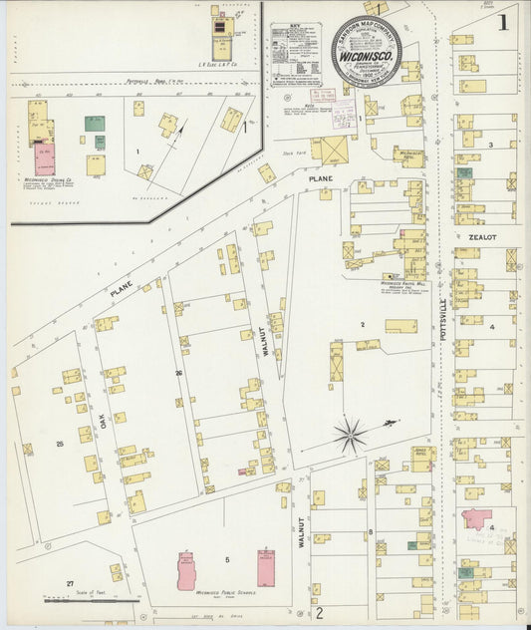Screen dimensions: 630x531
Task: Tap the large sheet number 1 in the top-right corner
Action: point(505,21)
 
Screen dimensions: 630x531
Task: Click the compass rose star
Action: point(350,434)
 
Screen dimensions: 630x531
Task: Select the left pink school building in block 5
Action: point(186,570)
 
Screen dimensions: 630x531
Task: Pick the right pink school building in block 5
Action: point(266,567)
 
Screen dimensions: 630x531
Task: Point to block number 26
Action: point(179,373)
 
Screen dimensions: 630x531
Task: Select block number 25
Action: point(60,443)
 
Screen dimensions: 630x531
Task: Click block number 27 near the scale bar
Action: point(70,582)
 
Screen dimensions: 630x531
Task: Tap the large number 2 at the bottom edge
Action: point(319,612)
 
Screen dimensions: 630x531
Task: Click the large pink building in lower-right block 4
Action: point(475,520)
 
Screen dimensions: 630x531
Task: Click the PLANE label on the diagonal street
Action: point(122,289)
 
